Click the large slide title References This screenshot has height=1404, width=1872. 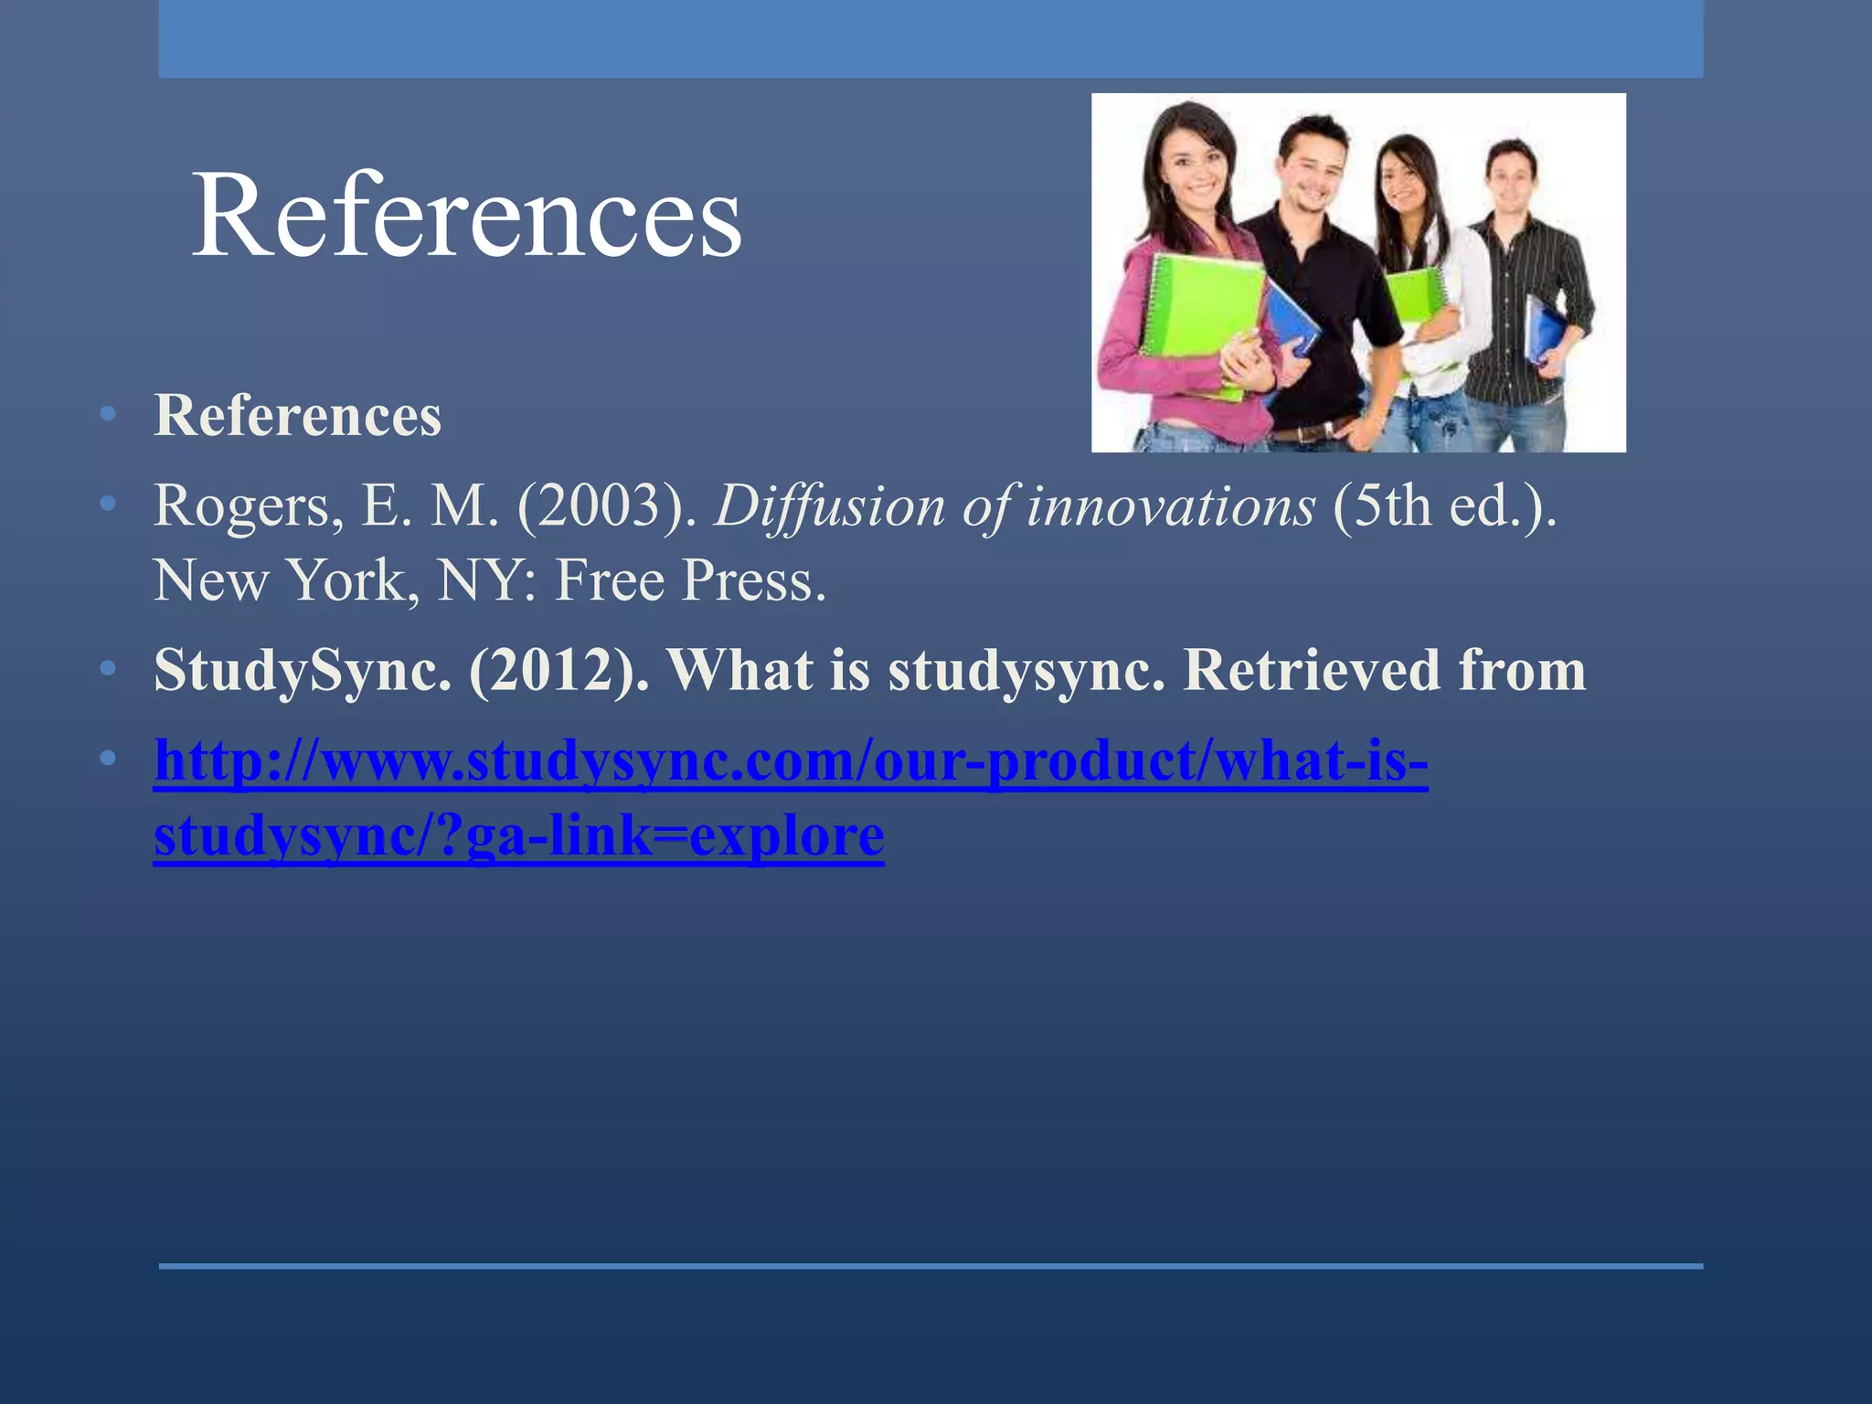[466, 216]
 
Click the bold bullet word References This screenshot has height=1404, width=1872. [297, 416]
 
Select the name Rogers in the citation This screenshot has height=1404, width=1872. [239, 505]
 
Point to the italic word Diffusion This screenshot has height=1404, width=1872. [828, 505]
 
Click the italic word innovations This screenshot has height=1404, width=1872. [1170, 505]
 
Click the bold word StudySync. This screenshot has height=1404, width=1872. [303, 670]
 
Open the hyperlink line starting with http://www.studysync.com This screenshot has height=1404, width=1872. [791, 760]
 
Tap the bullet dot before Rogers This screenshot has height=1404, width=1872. [108, 504]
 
